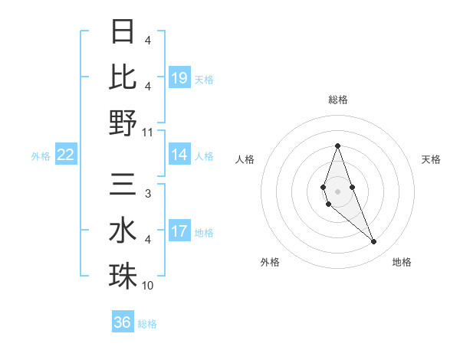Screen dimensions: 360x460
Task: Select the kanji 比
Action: point(123,77)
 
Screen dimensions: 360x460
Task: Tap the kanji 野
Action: point(123,123)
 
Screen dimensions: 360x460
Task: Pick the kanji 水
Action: point(123,231)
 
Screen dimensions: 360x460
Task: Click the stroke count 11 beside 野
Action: point(148,131)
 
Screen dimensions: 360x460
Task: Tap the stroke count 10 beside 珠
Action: point(148,285)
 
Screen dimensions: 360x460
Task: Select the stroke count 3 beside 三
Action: point(147,193)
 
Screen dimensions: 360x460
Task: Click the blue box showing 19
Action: point(179,77)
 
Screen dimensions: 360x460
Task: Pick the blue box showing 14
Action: point(179,155)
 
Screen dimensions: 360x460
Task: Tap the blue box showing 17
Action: point(179,231)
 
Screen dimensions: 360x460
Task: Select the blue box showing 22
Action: point(66,155)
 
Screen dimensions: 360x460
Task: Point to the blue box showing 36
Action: point(123,322)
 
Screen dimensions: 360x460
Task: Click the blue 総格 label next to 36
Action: point(147,324)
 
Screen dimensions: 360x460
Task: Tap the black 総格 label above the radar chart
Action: point(337,100)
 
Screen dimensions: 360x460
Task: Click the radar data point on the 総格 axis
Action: point(337,146)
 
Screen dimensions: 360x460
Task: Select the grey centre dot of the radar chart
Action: point(337,191)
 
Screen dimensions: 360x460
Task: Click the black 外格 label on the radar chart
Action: point(270,262)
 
